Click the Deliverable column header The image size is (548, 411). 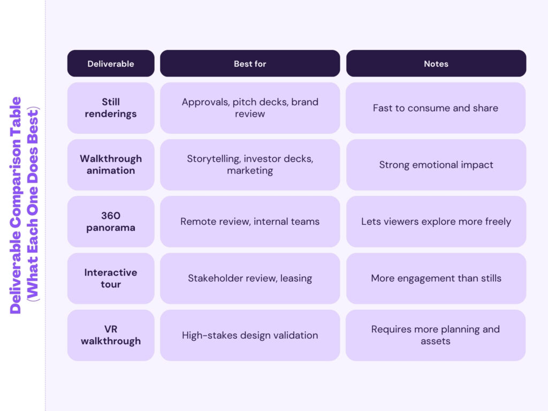point(111,64)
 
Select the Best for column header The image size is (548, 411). point(250,64)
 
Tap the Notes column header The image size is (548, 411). point(436,64)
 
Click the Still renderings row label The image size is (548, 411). point(111,108)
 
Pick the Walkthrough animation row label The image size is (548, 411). point(111,165)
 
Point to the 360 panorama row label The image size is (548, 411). point(111,222)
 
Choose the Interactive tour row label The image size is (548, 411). point(111,278)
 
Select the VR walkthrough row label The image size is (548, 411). point(111,335)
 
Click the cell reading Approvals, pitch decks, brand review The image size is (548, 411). point(250,108)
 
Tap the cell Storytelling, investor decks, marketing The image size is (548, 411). point(250,165)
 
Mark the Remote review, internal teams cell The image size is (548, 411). point(250,222)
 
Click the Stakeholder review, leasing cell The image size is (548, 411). point(250,278)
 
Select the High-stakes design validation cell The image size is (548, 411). point(250,336)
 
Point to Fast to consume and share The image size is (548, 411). point(436,108)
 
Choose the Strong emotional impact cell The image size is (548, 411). point(436,165)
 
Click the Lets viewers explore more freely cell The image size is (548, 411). point(436,222)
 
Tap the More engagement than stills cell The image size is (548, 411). point(436,278)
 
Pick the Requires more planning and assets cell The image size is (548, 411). point(436,335)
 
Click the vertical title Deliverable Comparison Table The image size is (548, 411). point(16,205)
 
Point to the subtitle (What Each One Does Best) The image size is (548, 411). point(33,205)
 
